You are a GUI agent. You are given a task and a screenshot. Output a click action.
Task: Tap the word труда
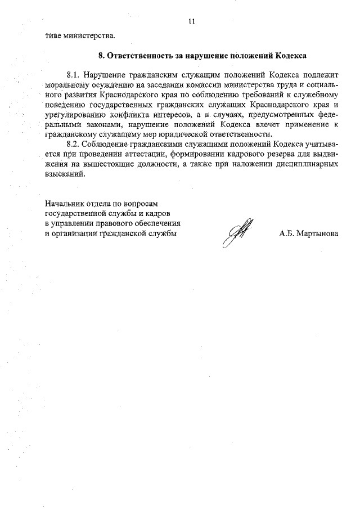pos(294,85)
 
